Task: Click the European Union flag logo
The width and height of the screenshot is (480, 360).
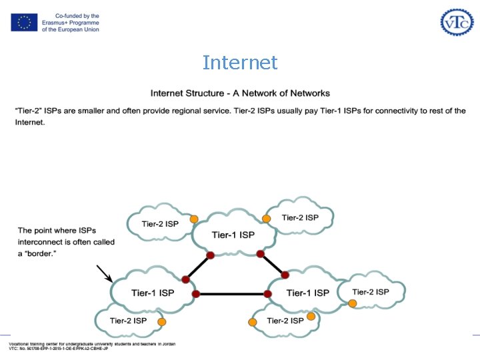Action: click(24, 23)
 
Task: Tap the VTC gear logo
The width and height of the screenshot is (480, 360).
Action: click(457, 22)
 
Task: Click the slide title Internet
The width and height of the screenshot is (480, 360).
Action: click(240, 63)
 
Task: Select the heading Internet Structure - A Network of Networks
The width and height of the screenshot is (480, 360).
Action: click(240, 93)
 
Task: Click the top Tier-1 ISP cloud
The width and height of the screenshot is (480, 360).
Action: click(233, 235)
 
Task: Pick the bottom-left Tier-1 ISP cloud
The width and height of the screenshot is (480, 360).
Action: click(153, 293)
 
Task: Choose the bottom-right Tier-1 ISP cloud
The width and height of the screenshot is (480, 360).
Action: click(307, 293)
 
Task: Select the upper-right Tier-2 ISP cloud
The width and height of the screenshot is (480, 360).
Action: click(300, 218)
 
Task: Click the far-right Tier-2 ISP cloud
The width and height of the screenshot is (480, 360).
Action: click(371, 292)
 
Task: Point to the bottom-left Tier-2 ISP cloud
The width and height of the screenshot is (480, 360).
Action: click(129, 321)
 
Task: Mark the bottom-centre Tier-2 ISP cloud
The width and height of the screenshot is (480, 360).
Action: click(285, 321)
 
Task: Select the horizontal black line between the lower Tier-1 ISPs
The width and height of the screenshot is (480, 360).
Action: click(231, 294)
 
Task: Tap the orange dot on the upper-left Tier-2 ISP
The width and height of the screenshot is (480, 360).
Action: click(194, 219)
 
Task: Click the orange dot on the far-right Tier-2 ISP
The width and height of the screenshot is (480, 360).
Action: click(352, 303)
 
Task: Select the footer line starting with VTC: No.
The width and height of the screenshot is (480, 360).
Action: click(59, 349)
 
